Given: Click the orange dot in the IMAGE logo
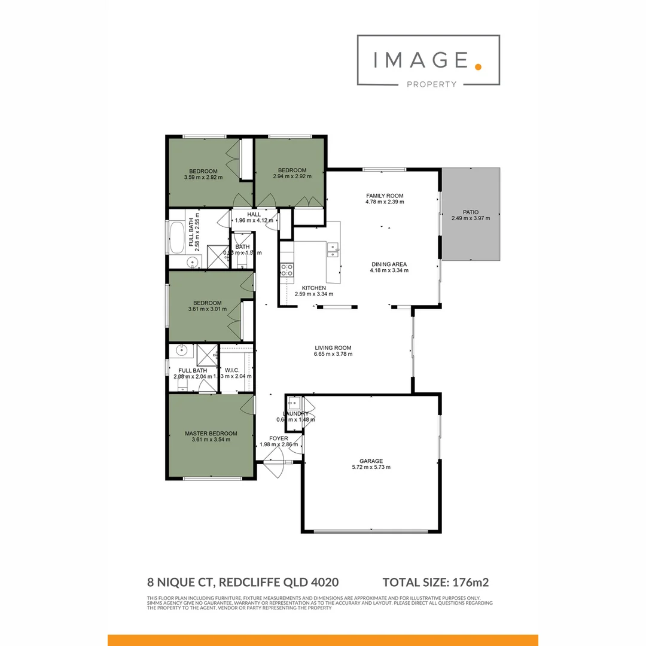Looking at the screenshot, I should point(477,66).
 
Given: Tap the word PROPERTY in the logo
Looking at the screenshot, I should point(431,84).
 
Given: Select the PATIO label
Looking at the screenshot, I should point(470,212).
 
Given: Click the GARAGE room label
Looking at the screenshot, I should point(371,461).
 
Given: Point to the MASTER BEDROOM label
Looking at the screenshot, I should point(211,434).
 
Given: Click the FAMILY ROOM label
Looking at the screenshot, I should point(385,196).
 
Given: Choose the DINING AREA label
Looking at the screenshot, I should point(389,264).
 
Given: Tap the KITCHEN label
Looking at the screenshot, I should point(313,288).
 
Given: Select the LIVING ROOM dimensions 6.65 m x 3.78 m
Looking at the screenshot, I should point(333,354).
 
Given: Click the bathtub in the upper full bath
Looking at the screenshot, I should point(178,237).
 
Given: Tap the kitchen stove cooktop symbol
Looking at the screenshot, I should point(287,270).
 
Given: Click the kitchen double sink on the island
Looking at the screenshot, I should point(333,249).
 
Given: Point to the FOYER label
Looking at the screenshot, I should point(279,438).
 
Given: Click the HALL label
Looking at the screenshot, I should point(254,214).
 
